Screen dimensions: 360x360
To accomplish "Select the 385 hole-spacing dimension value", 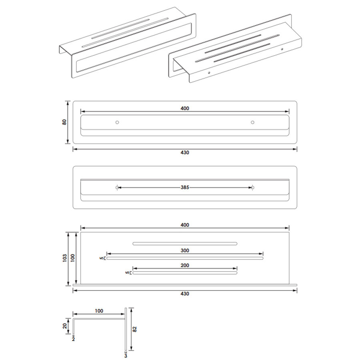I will coord(184,187).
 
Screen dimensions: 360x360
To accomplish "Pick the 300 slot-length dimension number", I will coord(184,251).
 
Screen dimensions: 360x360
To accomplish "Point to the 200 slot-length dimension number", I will coord(184,265).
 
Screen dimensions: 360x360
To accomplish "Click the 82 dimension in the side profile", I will coord(135,329).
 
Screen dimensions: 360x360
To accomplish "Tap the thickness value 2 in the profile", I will coord(73,338).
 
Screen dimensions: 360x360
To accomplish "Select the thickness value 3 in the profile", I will coord(126,355).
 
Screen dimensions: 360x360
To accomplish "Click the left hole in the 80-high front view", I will coord(117,122).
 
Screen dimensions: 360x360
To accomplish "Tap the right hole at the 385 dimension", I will coord(252,187).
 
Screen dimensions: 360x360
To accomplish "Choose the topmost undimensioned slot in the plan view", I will coord(185,243).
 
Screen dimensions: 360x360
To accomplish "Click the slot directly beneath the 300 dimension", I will coord(185,258).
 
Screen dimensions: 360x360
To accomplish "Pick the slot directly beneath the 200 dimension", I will coord(185,273).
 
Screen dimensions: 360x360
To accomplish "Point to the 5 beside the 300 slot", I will coord(100,258).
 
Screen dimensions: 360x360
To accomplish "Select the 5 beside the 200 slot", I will coord(127,273).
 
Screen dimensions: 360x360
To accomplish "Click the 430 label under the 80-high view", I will coord(184,152).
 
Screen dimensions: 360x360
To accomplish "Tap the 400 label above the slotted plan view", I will coord(184,225).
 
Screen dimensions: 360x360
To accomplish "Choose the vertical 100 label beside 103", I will coord(73,258).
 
